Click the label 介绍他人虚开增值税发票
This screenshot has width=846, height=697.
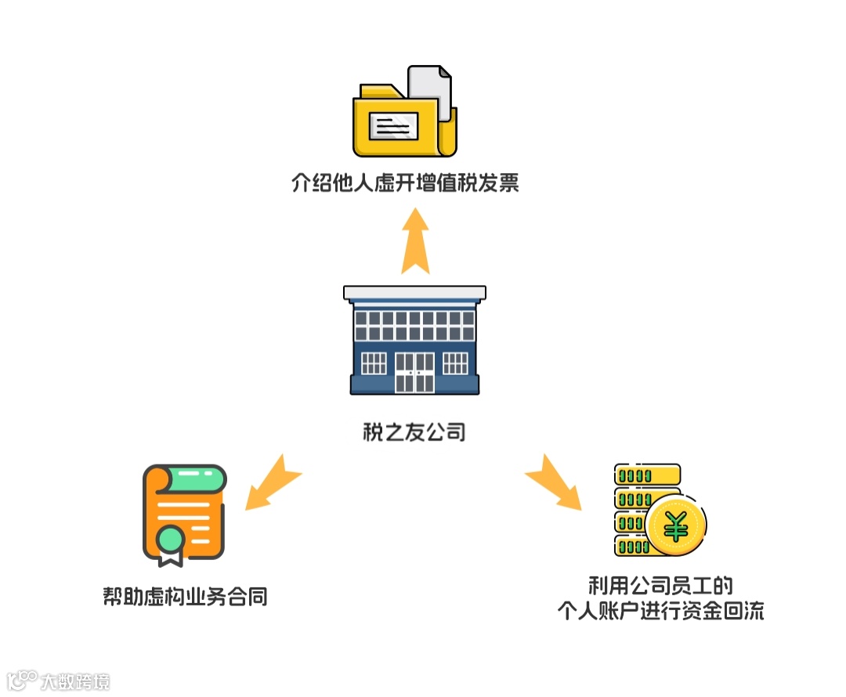coord(405,184)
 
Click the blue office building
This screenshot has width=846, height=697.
coord(414,341)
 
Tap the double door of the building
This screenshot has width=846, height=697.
coord(414,372)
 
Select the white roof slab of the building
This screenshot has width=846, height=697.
coord(414,293)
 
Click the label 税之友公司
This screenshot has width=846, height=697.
coord(414,432)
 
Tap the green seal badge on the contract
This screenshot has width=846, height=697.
coord(170,539)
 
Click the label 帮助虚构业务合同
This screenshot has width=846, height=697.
coord(185,597)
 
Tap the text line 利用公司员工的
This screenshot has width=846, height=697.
coord(660,586)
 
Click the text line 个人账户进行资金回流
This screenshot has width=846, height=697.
coord(660,610)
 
